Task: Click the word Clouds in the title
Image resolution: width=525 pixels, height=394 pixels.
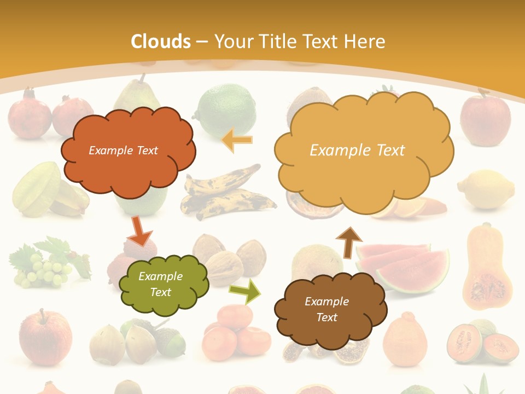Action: point(161,42)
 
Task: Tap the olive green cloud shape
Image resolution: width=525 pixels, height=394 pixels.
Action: point(163,284)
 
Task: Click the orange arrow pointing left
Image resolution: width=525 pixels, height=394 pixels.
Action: point(237,140)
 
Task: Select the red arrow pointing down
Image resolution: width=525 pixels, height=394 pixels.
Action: point(139,231)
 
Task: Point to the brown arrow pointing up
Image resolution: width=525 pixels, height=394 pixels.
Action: point(349,242)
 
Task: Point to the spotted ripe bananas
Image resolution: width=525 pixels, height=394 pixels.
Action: point(227,194)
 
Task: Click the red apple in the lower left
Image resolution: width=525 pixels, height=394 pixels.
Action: point(45,337)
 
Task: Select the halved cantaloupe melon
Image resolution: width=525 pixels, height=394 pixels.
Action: point(482,342)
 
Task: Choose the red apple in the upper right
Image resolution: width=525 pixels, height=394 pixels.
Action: point(485,118)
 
